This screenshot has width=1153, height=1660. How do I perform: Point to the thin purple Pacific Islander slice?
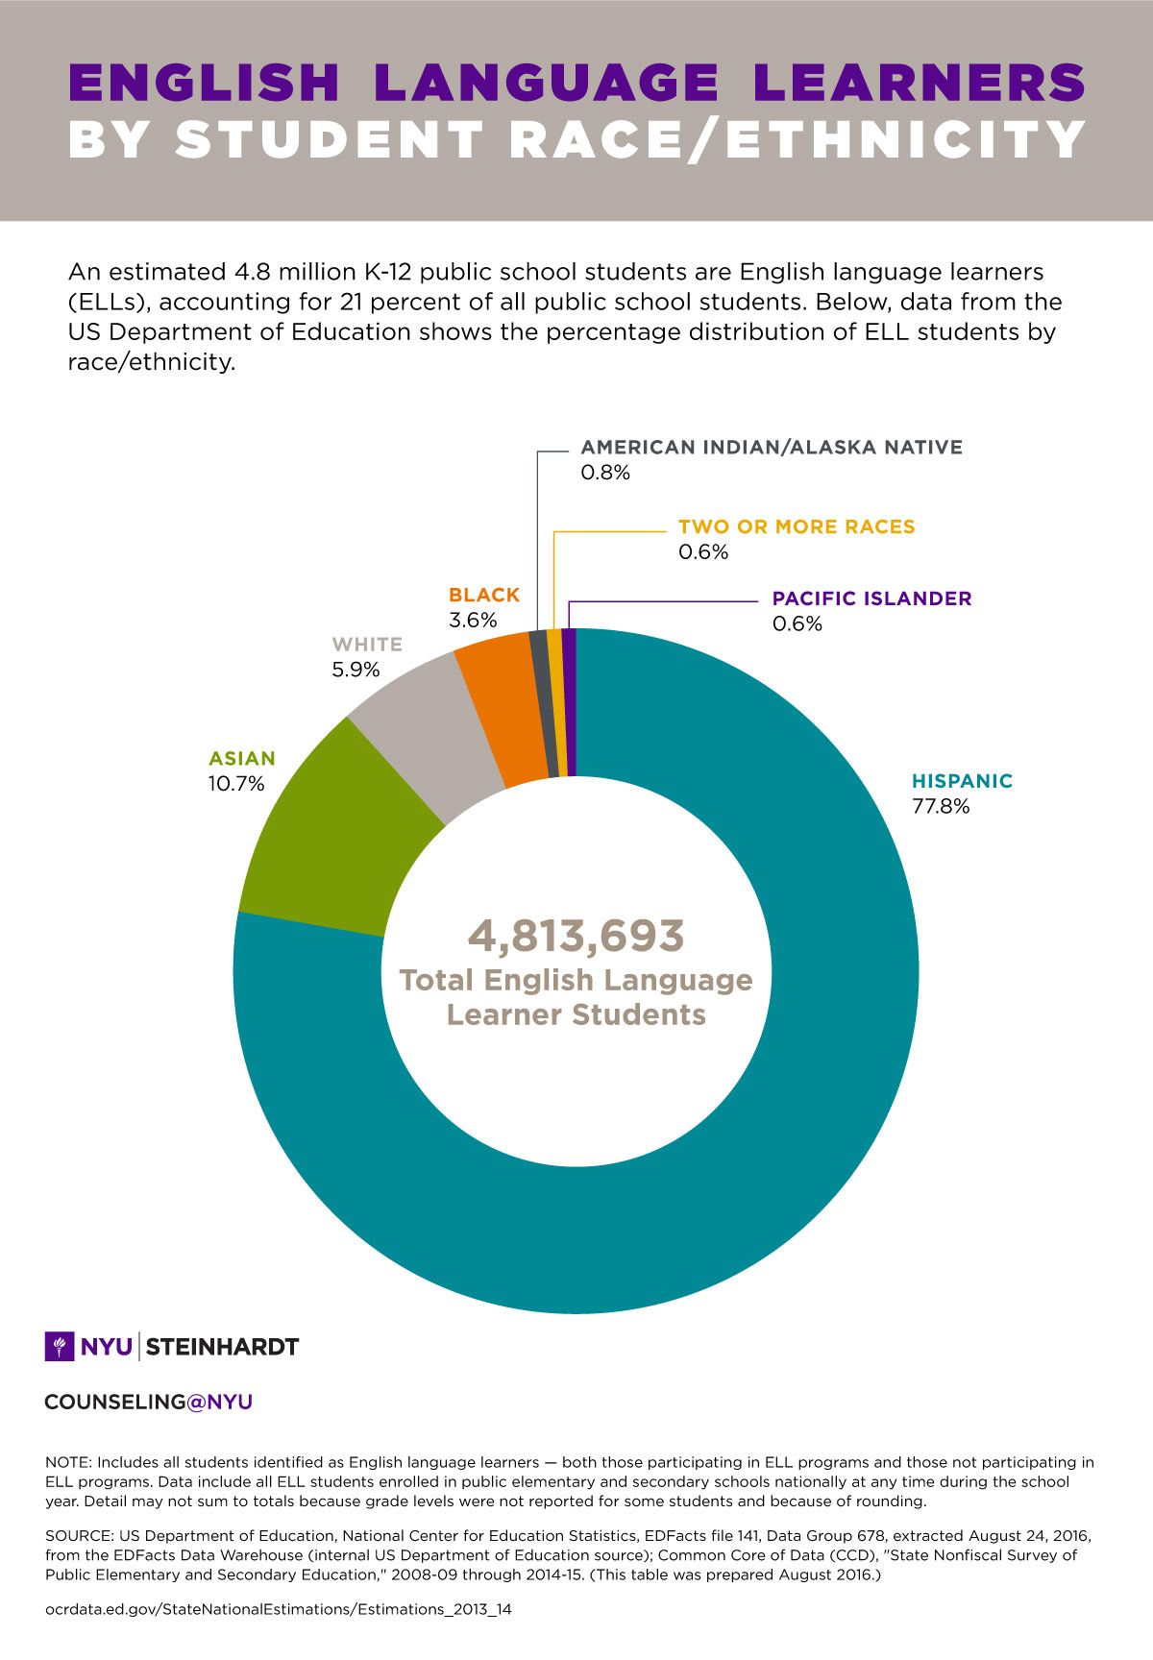tap(569, 701)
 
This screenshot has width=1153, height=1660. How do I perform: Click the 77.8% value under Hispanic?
tap(941, 807)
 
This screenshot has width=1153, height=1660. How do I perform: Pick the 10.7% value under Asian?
tap(236, 784)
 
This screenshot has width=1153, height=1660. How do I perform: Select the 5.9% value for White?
tap(356, 670)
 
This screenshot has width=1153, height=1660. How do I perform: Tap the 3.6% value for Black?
tap(473, 621)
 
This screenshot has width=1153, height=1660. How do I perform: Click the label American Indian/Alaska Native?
tap(772, 448)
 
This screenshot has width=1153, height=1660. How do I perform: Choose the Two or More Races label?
tap(797, 527)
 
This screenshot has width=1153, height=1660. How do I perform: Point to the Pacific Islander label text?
tap(871, 598)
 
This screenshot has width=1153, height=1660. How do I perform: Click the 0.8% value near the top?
tap(605, 473)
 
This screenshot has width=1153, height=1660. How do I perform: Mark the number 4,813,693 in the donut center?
tap(576, 936)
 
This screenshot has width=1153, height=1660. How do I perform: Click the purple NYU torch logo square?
tap(60, 1347)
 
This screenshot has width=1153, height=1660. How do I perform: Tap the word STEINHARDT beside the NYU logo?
tap(222, 1347)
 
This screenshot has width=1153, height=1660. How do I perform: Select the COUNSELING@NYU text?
tap(149, 1403)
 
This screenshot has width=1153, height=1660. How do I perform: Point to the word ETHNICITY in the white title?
tap(906, 140)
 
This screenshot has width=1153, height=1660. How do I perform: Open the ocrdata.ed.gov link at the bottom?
tap(279, 1609)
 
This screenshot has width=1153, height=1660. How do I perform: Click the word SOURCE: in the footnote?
tap(78, 1536)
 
